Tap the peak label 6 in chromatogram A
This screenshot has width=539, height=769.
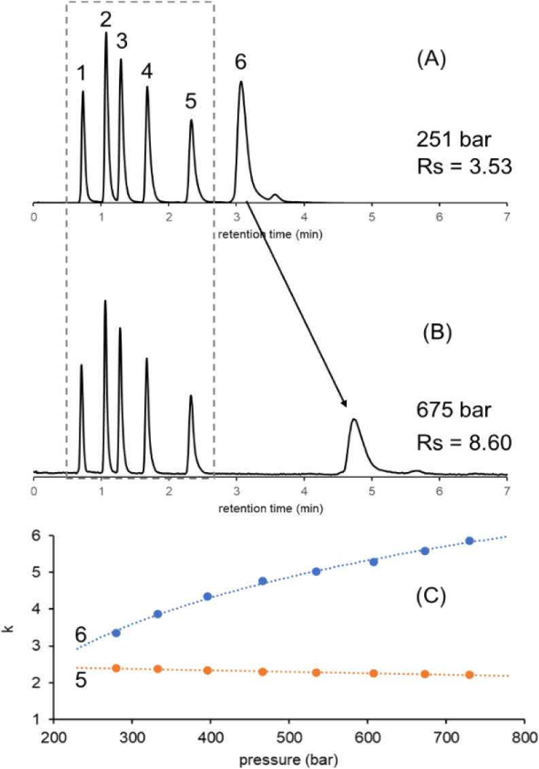(240, 62)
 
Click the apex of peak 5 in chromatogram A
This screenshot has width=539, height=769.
(191, 120)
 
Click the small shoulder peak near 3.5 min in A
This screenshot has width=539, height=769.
(275, 196)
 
